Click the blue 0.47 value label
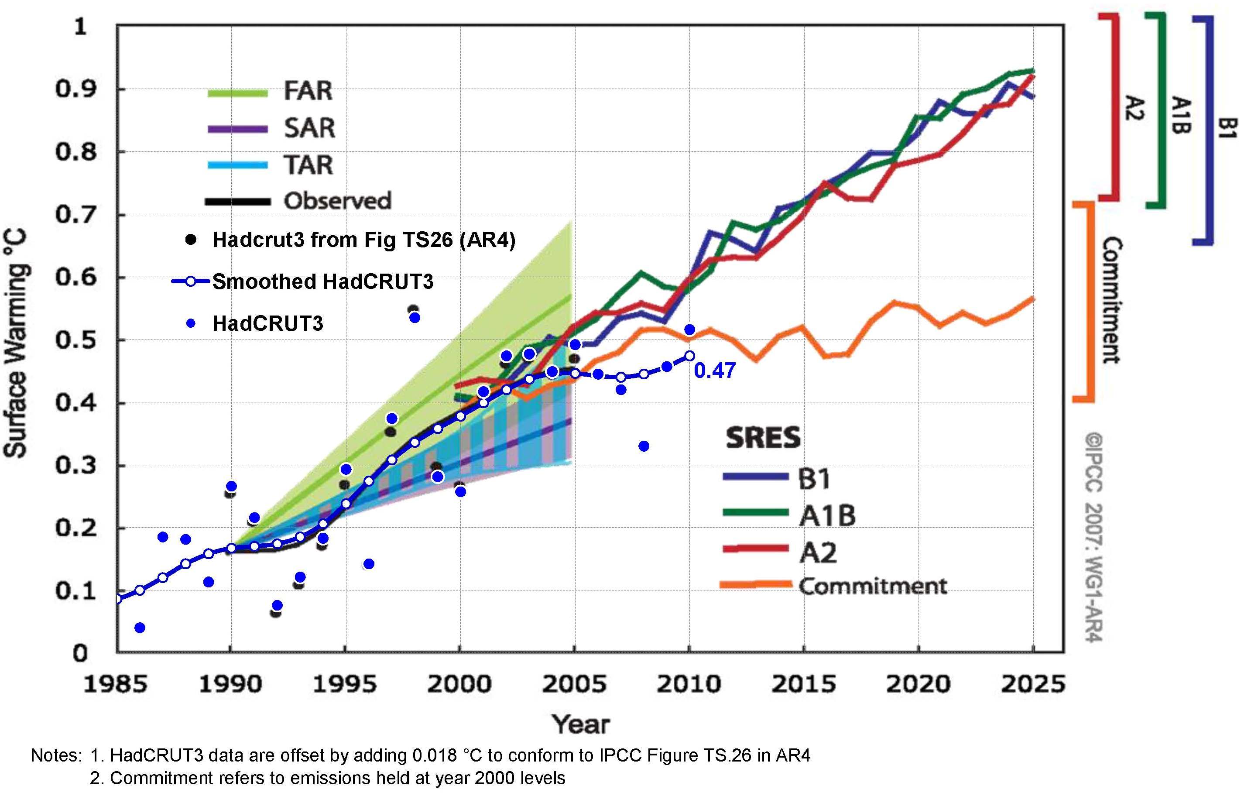coord(714,371)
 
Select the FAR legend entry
coord(308,91)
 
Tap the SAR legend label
coord(309,128)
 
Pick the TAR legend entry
coord(308,165)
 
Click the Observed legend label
coord(337,201)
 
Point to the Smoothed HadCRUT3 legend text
coord(322,281)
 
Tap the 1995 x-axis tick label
coord(344,684)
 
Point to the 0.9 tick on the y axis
coord(76,89)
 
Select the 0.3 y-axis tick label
coord(76,465)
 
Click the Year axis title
coord(580,724)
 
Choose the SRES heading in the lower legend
coord(763,438)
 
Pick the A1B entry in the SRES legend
coord(827,516)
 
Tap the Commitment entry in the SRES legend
coord(872,586)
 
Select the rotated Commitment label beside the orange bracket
coord(1112,300)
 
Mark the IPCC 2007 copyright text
coord(1093,538)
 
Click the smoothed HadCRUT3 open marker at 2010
coord(689,356)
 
